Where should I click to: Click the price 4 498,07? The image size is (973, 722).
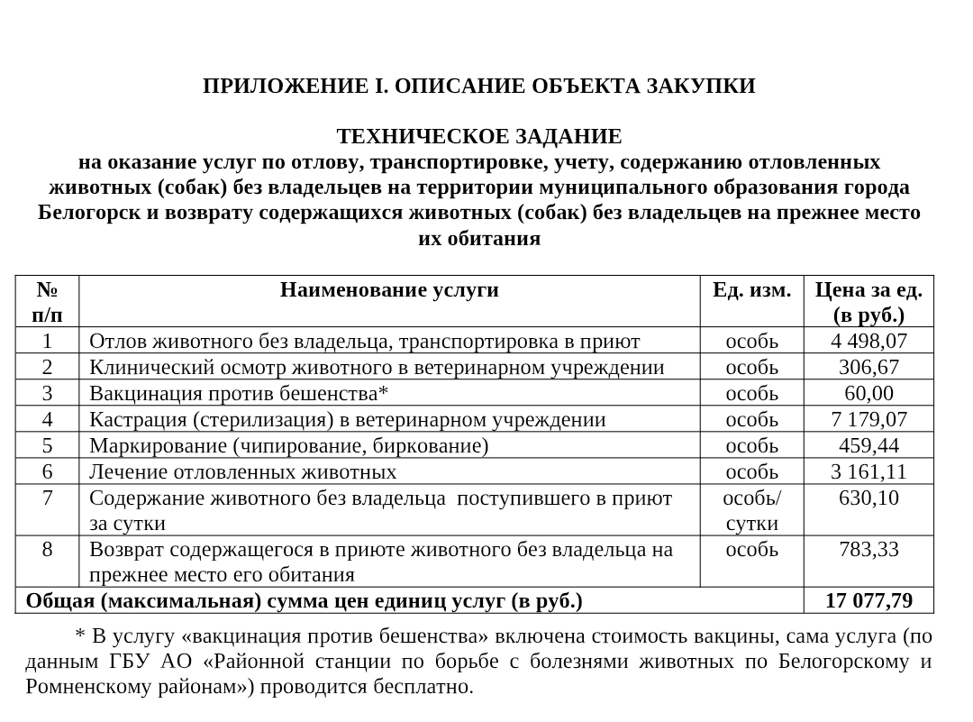point(868,341)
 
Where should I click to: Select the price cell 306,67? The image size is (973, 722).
point(868,367)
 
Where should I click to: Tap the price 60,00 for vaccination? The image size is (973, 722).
point(868,393)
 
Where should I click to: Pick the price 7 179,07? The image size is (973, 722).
point(868,419)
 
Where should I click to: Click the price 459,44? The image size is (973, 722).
point(868,445)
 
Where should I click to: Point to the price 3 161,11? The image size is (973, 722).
point(868,471)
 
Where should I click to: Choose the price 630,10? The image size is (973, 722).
point(868,498)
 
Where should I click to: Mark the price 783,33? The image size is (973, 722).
point(868,549)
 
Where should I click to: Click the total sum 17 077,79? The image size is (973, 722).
point(868,600)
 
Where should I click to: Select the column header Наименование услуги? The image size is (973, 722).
point(389,289)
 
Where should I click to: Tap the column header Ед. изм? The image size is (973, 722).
point(752,289)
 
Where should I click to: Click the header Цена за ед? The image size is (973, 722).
point(868,289)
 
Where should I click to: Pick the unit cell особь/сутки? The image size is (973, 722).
point(752,510)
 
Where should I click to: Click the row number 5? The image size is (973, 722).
point(47,445)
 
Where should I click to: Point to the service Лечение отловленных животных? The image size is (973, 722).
point(243,471)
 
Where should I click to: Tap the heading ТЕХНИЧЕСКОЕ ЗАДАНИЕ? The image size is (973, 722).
point(478,137)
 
